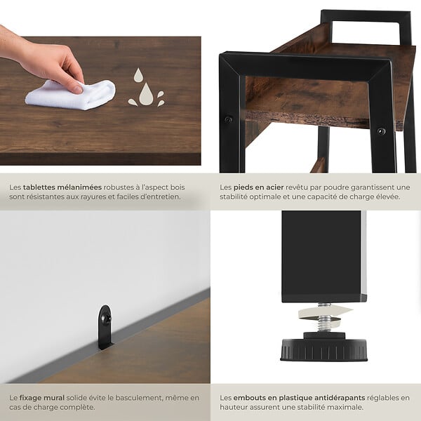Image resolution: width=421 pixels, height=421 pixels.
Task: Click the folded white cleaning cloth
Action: coord(70,95)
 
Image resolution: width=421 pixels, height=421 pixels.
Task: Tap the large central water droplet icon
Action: coord(146,95)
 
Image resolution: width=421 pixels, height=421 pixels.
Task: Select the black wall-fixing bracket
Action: coord(105,327)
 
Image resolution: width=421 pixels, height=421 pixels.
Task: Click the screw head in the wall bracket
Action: coord(106,319)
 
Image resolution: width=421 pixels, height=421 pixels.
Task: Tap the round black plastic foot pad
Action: coord(324,349)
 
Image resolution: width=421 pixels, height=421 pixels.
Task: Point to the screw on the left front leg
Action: coord(228,119)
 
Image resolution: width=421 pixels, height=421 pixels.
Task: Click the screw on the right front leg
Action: coord(381,131)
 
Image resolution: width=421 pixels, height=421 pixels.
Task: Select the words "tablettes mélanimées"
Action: coord(62,187)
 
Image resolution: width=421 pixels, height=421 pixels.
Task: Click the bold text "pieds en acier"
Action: coord(258,187)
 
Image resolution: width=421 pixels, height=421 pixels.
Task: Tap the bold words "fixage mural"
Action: coord(42,398)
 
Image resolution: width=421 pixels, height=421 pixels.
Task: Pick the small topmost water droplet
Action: coord(138,74)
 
